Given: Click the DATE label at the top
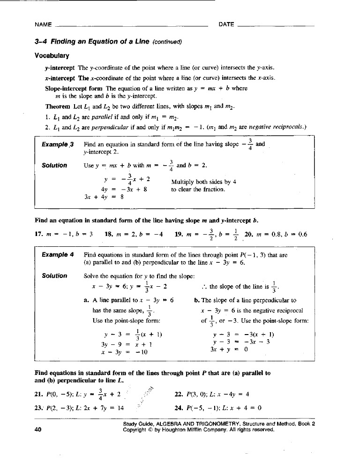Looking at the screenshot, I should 226,24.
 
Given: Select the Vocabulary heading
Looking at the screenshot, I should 52,56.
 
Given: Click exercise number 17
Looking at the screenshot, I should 39,234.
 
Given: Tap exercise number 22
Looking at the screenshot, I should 179,394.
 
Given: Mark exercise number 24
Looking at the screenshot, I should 179,407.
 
